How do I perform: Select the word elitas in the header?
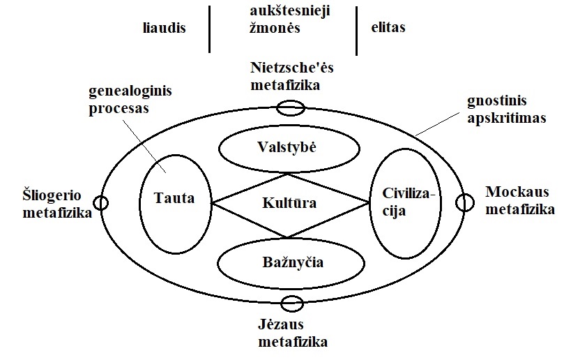(x=388, y=28)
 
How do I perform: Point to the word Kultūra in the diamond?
(x=289, y=204)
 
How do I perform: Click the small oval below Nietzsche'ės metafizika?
(x=290, y=108)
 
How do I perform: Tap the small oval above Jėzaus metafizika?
(x=290, y=303)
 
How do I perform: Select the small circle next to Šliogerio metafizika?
(x=102, y=202)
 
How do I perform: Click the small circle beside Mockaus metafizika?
(x=464, y=202)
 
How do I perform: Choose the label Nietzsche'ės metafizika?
(x=291, y=76)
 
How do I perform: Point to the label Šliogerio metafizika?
(x=47, y=204)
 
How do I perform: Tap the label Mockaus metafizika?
(x=520, y=200)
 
